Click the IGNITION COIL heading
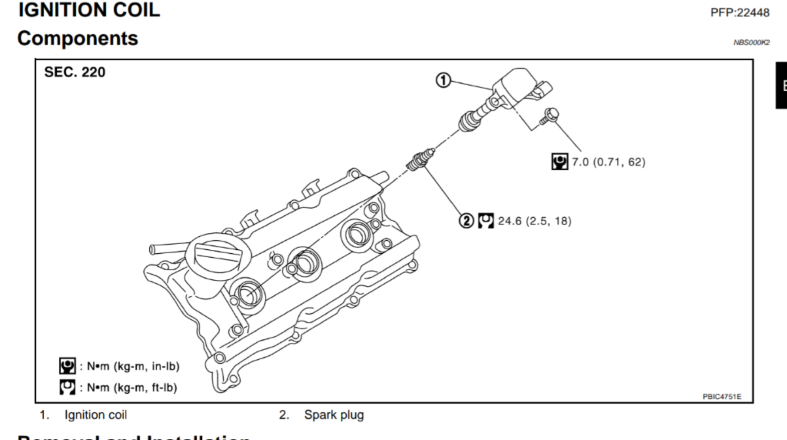[x=89, y=10]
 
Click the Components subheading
[x=78, y=39]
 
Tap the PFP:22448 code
[x=739, y=13]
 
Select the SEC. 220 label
[x=75, y=72]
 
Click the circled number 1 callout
[x=443, y=80]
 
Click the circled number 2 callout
[x=466, y=221]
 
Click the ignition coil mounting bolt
[x=549, y=117]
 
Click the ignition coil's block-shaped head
[x=516, y=87]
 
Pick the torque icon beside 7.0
[x=559, y=162]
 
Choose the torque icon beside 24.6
[x=486, y=221]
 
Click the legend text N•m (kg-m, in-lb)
[x=130, y=366]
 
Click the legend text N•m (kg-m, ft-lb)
[x=128, y=388]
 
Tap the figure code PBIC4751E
[x=722, y=397]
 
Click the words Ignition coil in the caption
[x=96, y=415]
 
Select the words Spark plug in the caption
[x=334, y=415]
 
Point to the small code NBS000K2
[x=751, y=43]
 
